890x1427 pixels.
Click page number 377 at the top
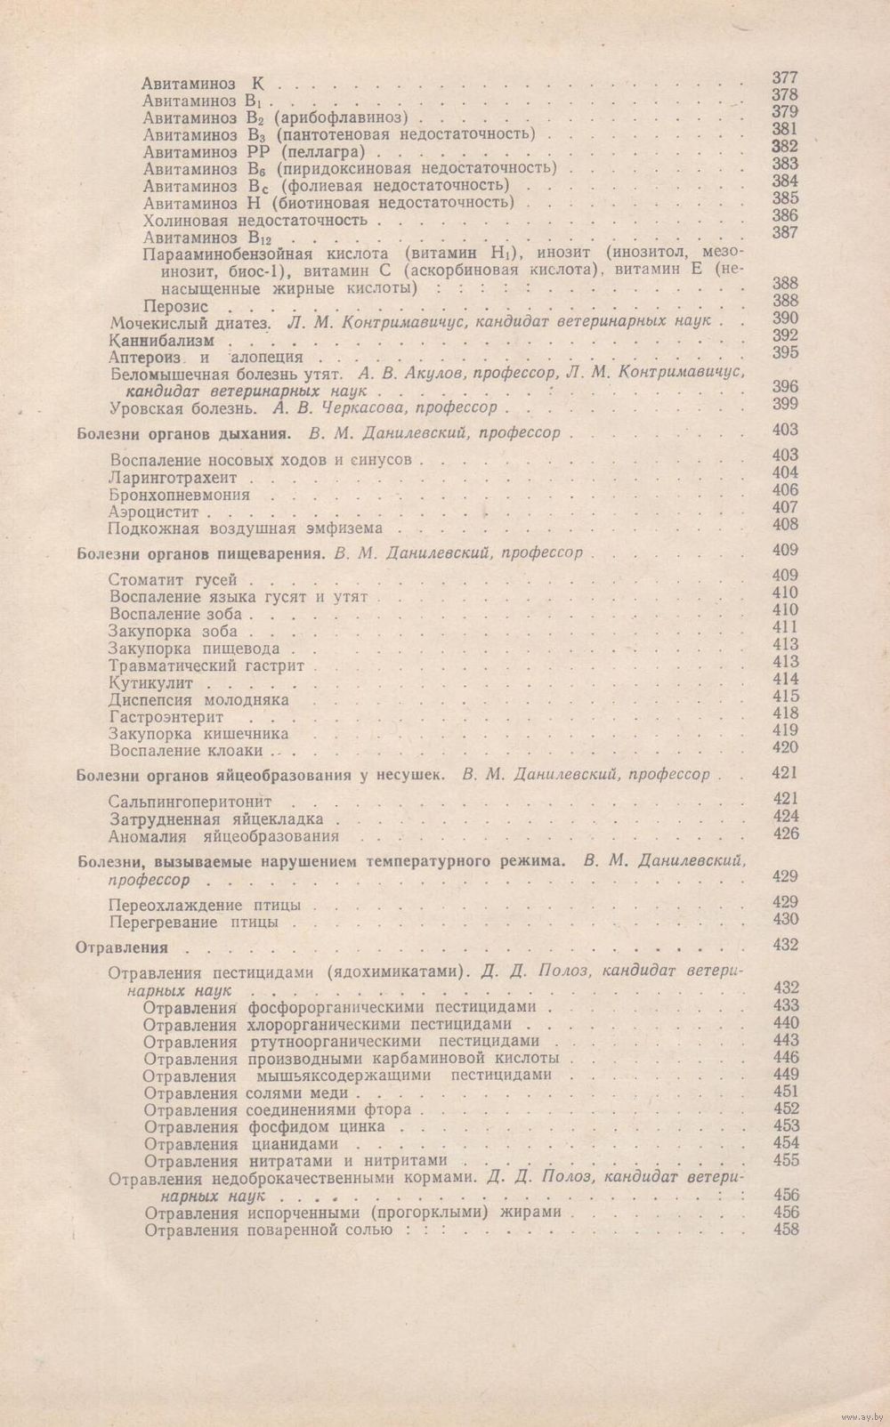pos(786,78)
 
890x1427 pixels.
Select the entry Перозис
pos(177,306)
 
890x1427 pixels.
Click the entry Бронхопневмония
pos(179,495)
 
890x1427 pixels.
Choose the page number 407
pos(786,507)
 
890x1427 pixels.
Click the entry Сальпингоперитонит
pos(190,802)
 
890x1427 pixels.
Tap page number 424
pos(786,817)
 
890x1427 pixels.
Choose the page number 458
pos(786,1229)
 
